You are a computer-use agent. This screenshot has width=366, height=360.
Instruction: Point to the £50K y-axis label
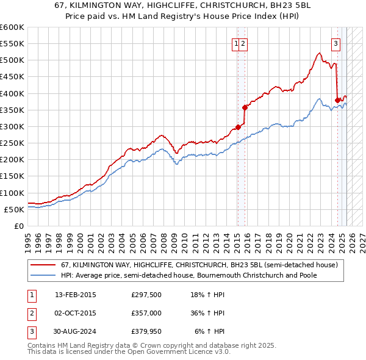click(14, 209)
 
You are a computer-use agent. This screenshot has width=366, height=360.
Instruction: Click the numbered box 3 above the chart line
click(335, 43)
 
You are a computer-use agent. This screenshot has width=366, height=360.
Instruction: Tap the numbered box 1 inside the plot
click(235, 43)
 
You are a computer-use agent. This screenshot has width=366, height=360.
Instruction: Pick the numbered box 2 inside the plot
click(243, 43)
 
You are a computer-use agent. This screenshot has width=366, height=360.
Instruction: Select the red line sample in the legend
click(43, 265)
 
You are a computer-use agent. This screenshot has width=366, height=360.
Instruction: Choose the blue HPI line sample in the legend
click(43, 275)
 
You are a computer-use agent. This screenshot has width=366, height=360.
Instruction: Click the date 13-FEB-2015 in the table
click(76, 295)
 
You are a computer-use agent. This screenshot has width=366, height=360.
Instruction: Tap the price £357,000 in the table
click(146, 313)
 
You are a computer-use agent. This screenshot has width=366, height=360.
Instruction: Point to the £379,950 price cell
click(146, 331)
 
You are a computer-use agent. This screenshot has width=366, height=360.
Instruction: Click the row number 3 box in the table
click(31, 331)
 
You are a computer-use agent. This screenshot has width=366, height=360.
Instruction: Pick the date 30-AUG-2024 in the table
click(76, 331)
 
